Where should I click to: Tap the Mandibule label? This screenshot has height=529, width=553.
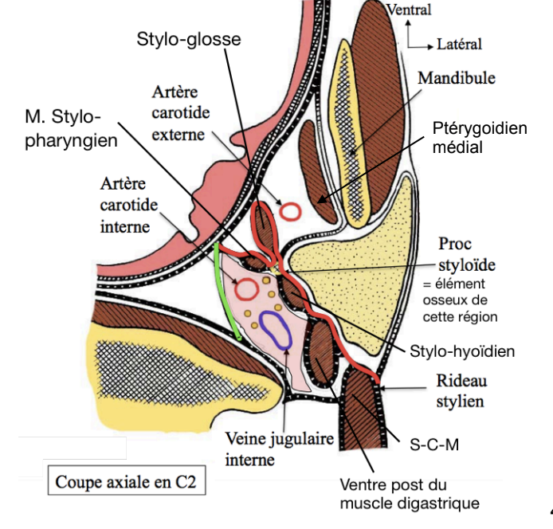click(x=456, y=78)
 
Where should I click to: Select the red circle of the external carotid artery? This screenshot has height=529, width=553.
click(x=290, y=211)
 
